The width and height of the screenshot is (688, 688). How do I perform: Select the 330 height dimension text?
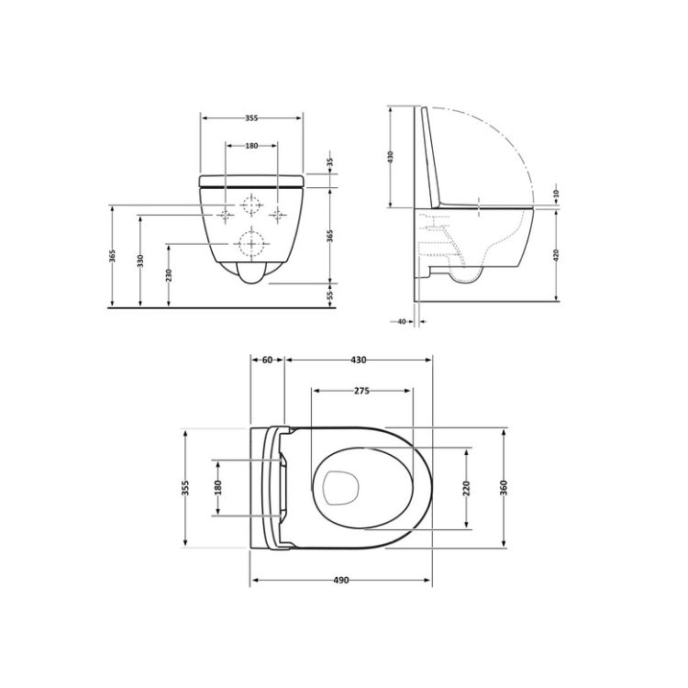tap(140, 261)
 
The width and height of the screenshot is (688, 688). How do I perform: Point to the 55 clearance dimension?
tap(329, 294)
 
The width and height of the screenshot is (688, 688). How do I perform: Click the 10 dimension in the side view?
tap(557, 194)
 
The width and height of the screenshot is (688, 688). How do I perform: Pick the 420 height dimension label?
tap(557, 254)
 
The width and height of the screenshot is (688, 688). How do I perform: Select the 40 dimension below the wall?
tap(403, 321)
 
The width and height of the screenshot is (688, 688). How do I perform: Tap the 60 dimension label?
tap(267, 361)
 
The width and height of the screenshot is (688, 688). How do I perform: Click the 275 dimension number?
tap(361, 391)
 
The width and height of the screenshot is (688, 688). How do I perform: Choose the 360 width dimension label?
tap(505, 486)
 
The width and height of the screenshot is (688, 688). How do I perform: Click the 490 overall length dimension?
tap(341, 581)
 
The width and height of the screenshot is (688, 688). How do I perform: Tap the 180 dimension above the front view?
tap(251, 146)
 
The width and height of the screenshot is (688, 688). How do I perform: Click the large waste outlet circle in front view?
tap(250, 244)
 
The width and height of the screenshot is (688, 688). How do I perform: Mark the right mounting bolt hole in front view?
tap(276, 216)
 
